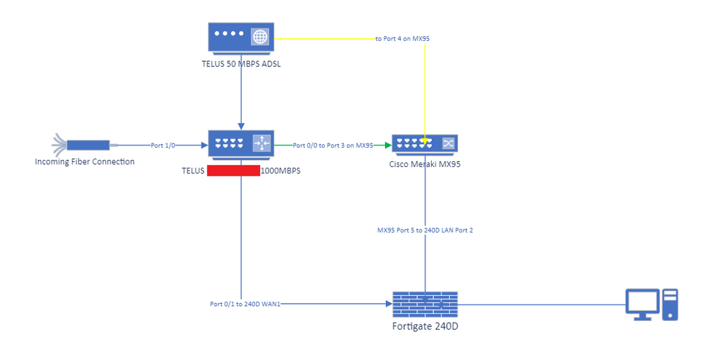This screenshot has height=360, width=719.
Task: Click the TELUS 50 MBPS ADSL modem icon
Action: click(x=241, y=36)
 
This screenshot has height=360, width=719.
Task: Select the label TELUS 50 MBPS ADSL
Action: click(x=240, y=64)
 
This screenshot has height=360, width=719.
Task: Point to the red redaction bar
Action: click(x=233, y=171)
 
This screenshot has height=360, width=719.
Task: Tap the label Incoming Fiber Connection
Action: click(x=85, y=161)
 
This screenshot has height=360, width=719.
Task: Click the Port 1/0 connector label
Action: click(x=163, y=145)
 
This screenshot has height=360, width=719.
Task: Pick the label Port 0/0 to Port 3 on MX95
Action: click(x=333, y=145)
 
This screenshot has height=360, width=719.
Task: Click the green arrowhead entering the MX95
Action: click(x=387, y=145)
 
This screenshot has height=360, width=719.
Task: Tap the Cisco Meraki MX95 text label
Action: click(x=425, y=163)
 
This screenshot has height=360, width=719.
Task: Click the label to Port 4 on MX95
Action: click(x=403, y=37)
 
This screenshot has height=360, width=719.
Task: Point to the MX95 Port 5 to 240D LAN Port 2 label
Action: click(x=425, y=230)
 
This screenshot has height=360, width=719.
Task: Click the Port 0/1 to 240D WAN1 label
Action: click(x=245, y=304)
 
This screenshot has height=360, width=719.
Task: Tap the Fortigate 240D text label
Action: click(x=425, y=326)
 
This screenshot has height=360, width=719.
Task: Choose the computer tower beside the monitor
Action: click(x=670, y=304)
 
